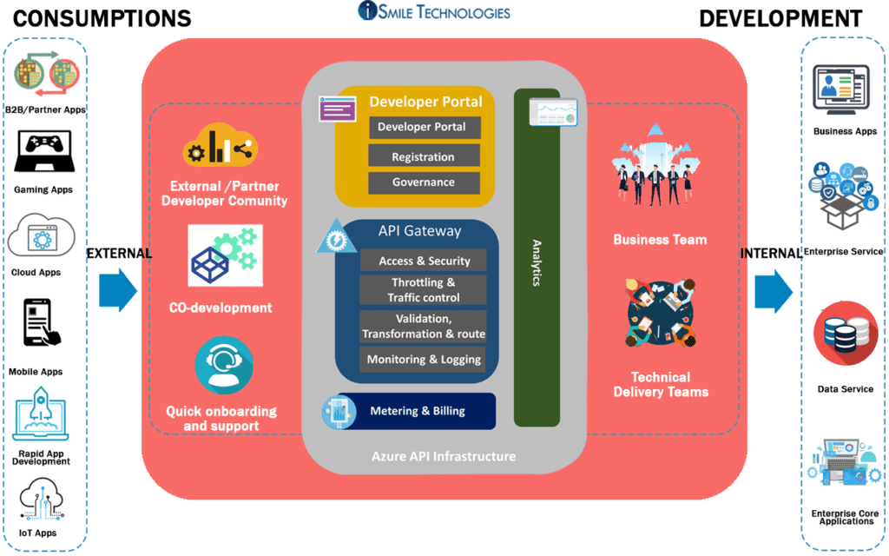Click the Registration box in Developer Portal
coord(424,156)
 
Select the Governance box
coord(424,182)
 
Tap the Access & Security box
coord(424,261)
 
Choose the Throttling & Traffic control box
coord(424,290)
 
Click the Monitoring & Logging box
coord(424,359)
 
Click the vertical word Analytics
coord(537,263)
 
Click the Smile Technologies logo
coord(434,12)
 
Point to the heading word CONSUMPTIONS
coord(102,18)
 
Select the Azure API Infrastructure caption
coord(444,456)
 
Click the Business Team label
coord(660,240)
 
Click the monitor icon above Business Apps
coord(841,88)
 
